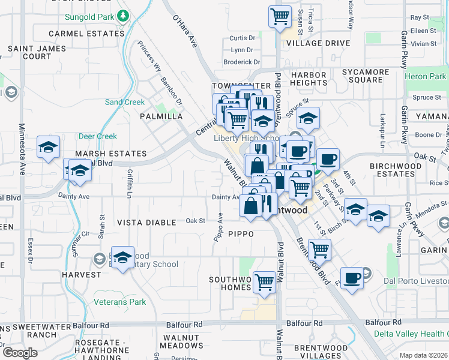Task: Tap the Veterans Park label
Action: [120, 302]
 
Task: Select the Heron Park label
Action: [425, 76]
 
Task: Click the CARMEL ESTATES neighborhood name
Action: [86, 34]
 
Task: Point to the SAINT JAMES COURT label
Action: [29, 52]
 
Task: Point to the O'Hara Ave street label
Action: [185, 31]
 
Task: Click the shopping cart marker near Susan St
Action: [280, 17]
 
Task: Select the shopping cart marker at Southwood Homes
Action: [264, 281]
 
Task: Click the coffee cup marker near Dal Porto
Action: [352, 277]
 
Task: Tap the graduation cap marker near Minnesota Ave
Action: [48, 146]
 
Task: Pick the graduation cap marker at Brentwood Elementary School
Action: [122, 257]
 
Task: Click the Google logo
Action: [20, 353]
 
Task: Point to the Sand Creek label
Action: [125, 102]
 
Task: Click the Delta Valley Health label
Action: [411, 334]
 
